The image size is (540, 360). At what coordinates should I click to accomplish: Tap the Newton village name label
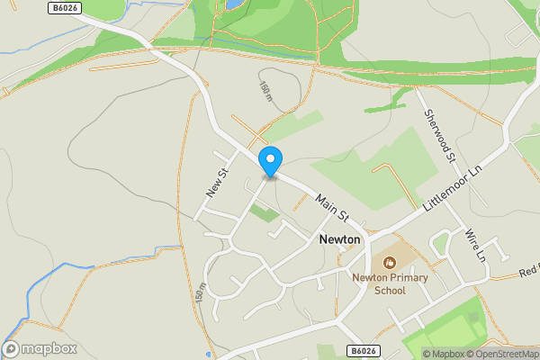click(339, 240)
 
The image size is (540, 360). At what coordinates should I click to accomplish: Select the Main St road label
click(331, 208)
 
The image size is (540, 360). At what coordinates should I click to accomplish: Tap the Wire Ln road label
click(475, 244)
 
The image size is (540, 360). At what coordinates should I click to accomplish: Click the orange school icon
click(389, 263)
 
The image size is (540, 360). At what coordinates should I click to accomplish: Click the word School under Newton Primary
click(390, 290)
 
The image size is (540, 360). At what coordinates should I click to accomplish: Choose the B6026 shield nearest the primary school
click(362, 350)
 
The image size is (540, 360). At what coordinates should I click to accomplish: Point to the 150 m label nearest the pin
click(265, 91)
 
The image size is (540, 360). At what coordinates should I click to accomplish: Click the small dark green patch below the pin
click(264, 213)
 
